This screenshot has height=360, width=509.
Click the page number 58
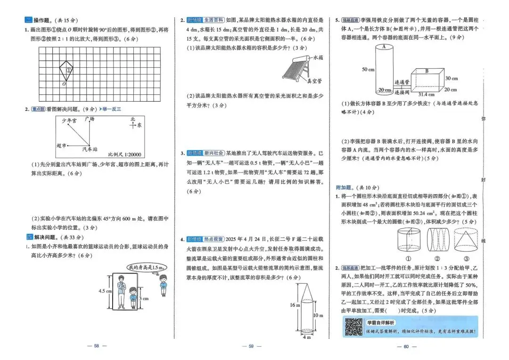coord(97,346)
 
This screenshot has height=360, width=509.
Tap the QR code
coord(353,327)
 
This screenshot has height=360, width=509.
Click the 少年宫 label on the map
coord(69,121)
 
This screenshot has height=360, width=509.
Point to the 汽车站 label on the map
coord(90,149)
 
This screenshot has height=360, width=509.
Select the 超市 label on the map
coord(61,146)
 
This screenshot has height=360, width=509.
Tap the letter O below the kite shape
coord(64,84)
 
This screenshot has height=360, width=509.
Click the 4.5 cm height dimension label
coord(105,291)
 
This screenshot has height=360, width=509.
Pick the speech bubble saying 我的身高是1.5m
coord(151,268)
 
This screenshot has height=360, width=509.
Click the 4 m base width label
coord(307,337)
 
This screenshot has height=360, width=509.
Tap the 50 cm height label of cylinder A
coord(368,69)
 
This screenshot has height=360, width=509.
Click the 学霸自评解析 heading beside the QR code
coord(381,322)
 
